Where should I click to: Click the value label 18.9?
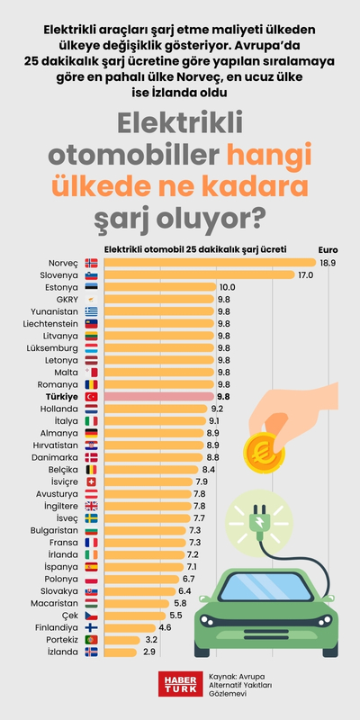coord(328,263)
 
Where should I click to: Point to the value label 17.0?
coord(305,274)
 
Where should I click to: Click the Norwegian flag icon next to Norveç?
coord(91,263)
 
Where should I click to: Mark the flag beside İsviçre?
coord(91,481)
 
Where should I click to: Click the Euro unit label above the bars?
coord(328,249)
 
